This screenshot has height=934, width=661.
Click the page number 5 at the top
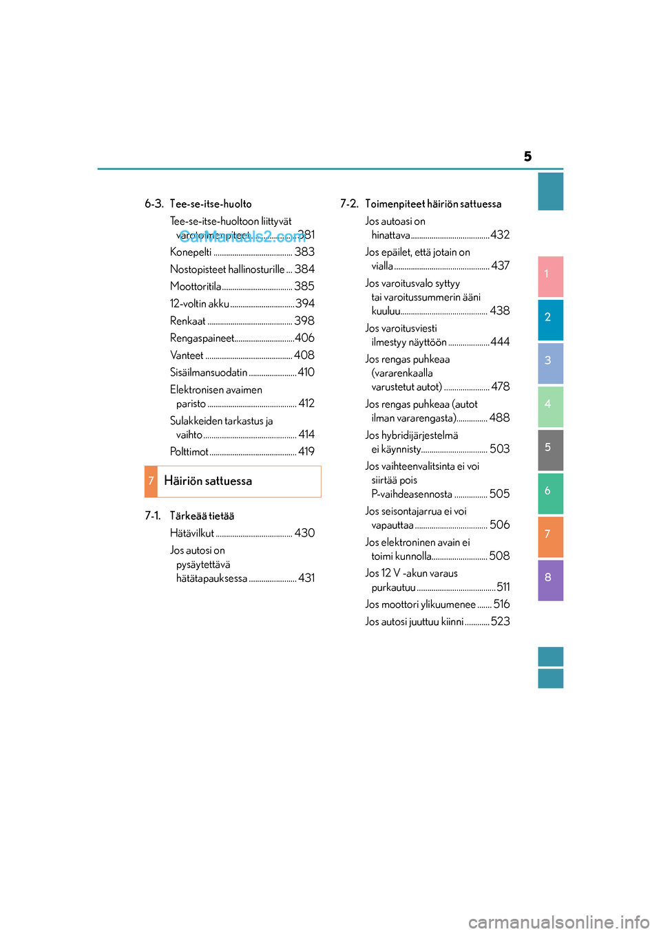coord(527,157)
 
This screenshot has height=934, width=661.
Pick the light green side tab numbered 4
coord(550,406)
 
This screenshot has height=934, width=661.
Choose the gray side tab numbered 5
coord(550,449)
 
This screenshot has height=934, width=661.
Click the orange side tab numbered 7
coord(550,536)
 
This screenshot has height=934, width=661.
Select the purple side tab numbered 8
coord(550,579)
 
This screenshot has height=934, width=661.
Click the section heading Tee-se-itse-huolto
coord(211,204)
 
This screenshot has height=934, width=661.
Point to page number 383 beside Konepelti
coord(304,252)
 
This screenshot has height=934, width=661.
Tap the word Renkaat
coord(188,321)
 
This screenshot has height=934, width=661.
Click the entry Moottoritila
coord(196,287)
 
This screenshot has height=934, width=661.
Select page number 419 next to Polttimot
coord(306,452)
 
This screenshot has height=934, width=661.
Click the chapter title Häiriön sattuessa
coord(208,481)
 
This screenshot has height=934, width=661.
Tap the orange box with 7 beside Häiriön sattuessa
coord(151,481)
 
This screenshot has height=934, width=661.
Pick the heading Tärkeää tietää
coord(202,516)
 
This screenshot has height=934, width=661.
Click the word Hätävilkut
coord(192,533)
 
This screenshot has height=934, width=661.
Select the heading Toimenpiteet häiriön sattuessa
coord(433,204)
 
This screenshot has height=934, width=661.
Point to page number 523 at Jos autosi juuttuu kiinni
coord(501,622)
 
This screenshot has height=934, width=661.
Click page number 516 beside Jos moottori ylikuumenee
coord(502,605)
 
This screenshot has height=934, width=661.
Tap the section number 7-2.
coord(349,204)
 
